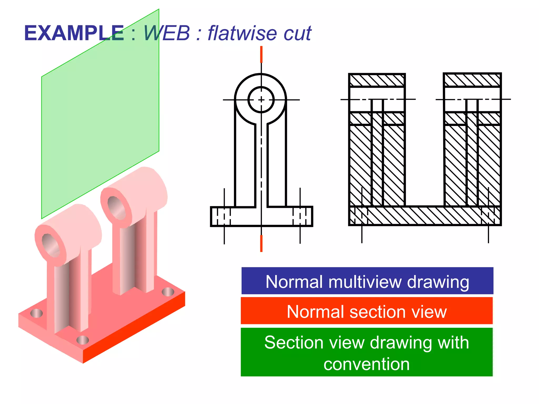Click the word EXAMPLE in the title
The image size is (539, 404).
[74, 33]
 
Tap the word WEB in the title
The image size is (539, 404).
[167, 33]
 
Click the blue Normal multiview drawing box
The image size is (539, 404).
[367, 281]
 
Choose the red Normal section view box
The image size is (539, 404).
[367, 311]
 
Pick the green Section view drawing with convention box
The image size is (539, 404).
[367, 352]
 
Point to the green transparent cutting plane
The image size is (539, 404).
[100, 105]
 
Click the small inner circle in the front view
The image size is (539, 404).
[261, 100]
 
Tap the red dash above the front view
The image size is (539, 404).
[261, 54]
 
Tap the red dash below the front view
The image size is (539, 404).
[261, 243]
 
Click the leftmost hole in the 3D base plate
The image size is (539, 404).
[36, 313]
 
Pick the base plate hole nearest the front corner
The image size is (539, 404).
[83, 340]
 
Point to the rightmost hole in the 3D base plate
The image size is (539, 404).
[168, 292]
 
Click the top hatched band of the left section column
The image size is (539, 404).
[377, 80]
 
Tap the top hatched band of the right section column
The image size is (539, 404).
[472, 80]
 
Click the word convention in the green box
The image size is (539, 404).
[367, 364]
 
